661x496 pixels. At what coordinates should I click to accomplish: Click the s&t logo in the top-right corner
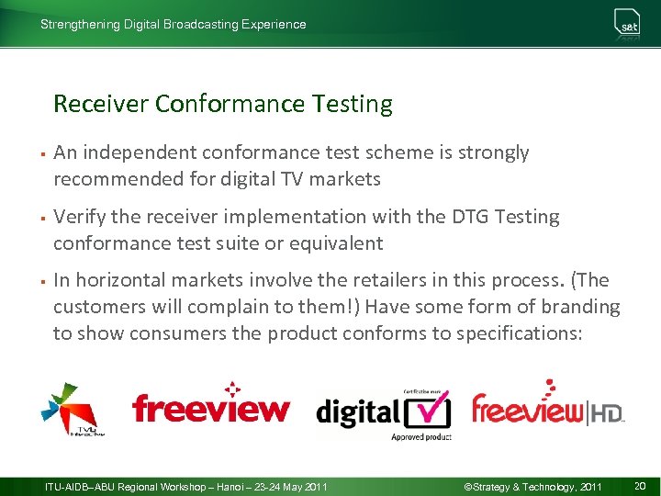click(x=628, y=25)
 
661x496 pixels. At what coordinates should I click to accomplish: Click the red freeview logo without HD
click(x=210, y=407)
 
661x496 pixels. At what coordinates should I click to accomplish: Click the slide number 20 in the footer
click(x=640, y=486)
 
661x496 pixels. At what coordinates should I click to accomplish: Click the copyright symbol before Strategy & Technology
click(x=468, y=486)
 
